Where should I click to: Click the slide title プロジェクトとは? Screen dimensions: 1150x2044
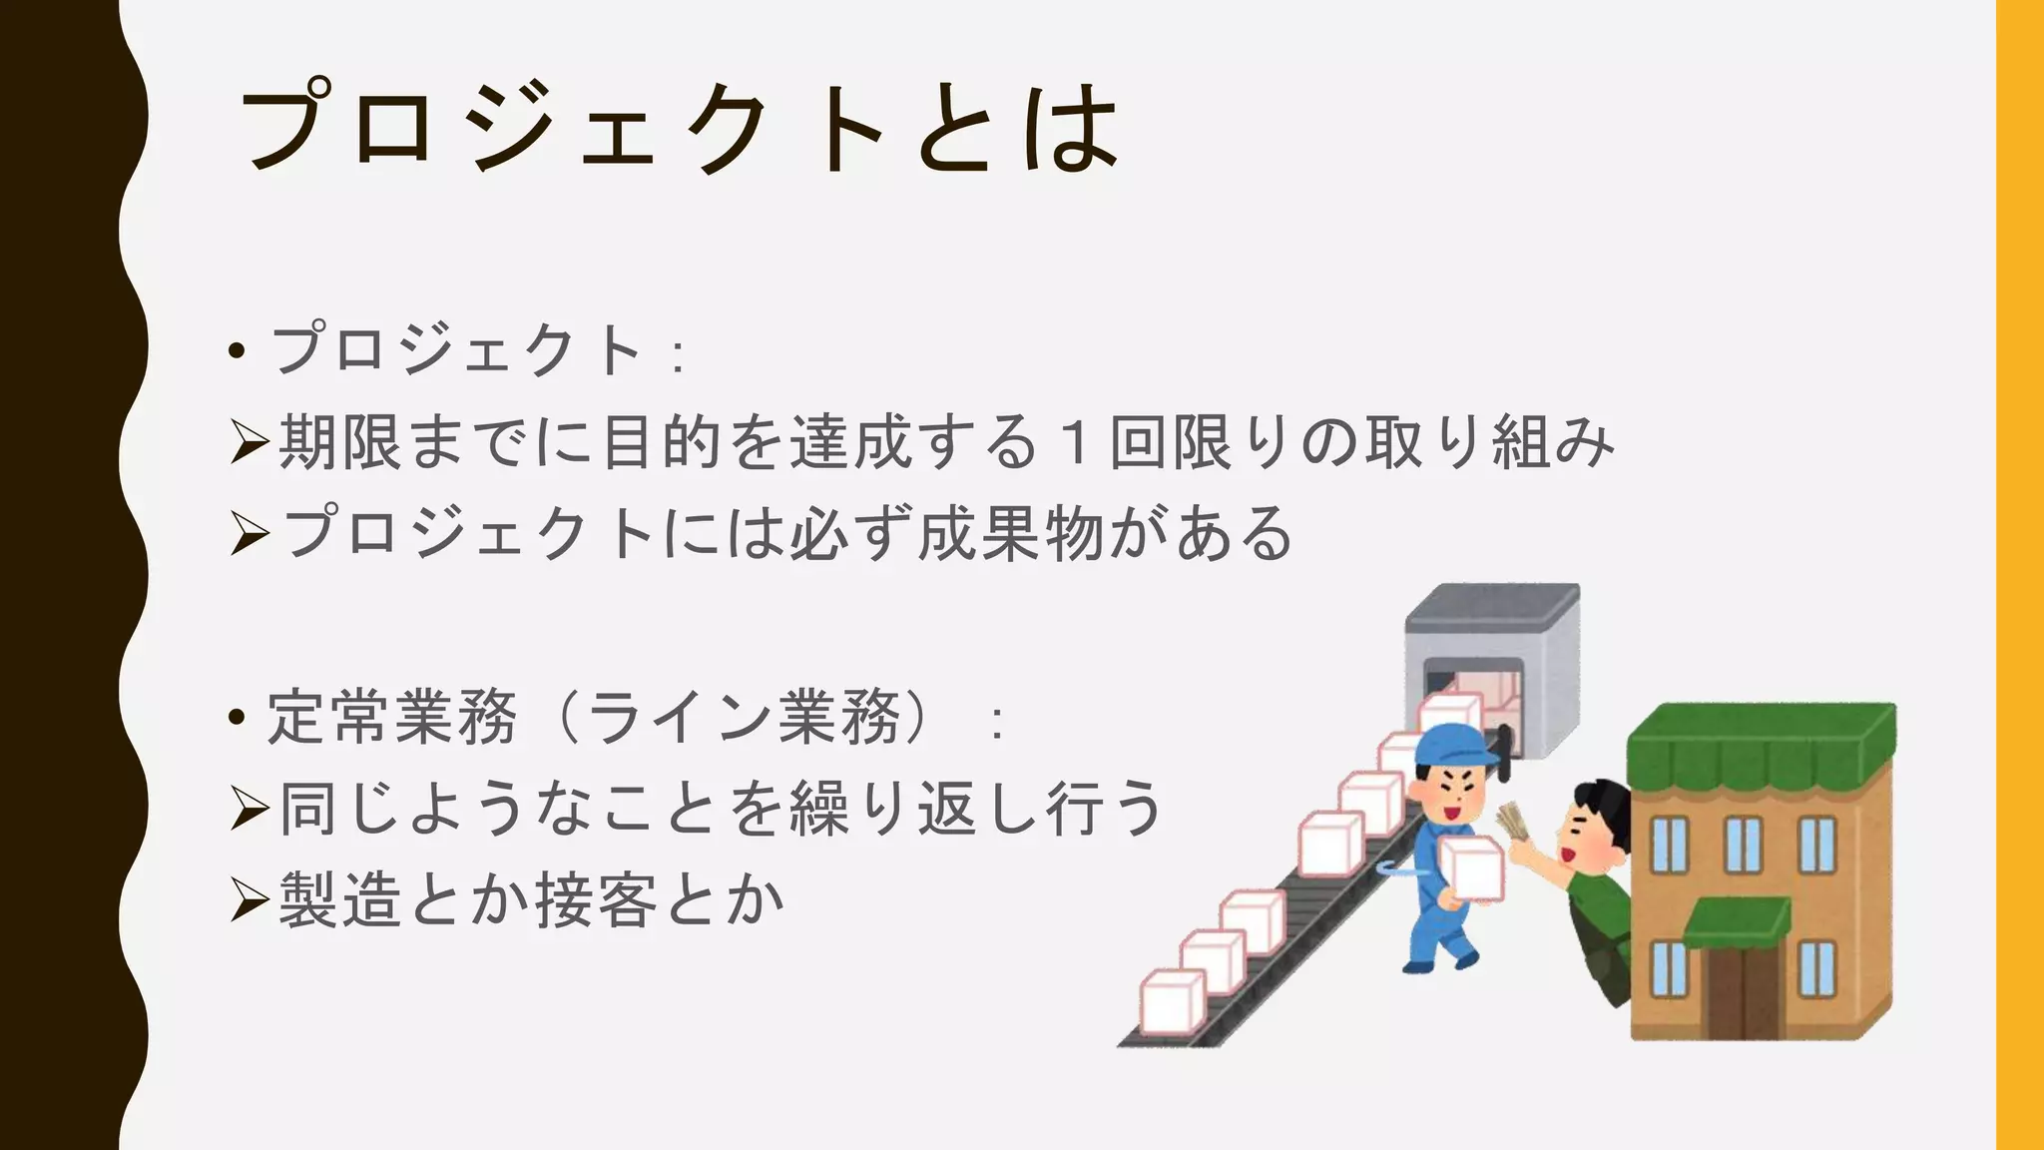[679, 128]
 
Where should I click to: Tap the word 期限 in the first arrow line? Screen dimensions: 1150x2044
[339, 442]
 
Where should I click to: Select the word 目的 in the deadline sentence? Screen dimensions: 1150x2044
[661, 442]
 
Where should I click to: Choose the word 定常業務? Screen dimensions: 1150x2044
[391, 718]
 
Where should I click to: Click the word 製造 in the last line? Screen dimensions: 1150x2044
[339, 900]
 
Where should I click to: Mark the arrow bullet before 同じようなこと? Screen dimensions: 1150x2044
[249, 809]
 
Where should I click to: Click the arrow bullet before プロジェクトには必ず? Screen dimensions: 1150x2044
[249, 534]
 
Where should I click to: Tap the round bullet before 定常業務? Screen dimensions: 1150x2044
[237, 718]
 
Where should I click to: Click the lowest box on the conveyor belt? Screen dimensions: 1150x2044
[1173, 1002]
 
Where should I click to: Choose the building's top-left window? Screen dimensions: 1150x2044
[1670, 844]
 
